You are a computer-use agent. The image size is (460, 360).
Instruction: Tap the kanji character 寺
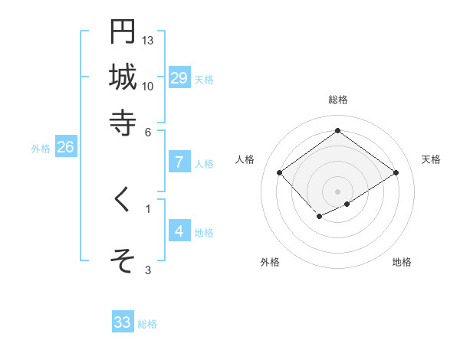click(x=123, y=122)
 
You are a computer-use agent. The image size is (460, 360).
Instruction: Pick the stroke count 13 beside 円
click(x=148, y=40)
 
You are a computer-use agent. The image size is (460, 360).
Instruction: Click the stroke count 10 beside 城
click(x=148, y=86)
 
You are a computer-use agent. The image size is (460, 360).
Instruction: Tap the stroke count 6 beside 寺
click(x=148, y=131)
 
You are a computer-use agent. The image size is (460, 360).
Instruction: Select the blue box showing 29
click(x=179, y=77)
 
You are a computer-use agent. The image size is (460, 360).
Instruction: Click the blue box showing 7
click(x=179, y=162)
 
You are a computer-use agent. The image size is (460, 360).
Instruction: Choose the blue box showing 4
click(x=179, y=231)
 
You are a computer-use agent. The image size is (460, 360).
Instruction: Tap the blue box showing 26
click(x=65, y=148)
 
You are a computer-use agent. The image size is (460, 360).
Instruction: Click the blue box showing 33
click(x=123, y=322)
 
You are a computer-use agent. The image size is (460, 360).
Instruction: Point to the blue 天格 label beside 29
click(x=204, y=80)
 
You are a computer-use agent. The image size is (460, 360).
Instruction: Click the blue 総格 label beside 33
click(x=147, y=325)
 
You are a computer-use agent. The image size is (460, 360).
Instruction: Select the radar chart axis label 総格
click(x=337, y=100)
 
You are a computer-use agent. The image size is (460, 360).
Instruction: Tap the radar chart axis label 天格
click(x=431, y=159)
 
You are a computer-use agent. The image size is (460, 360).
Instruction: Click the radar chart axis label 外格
click(x=270, y=262)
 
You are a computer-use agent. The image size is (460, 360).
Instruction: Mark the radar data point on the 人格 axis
click(x=280, y=173)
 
